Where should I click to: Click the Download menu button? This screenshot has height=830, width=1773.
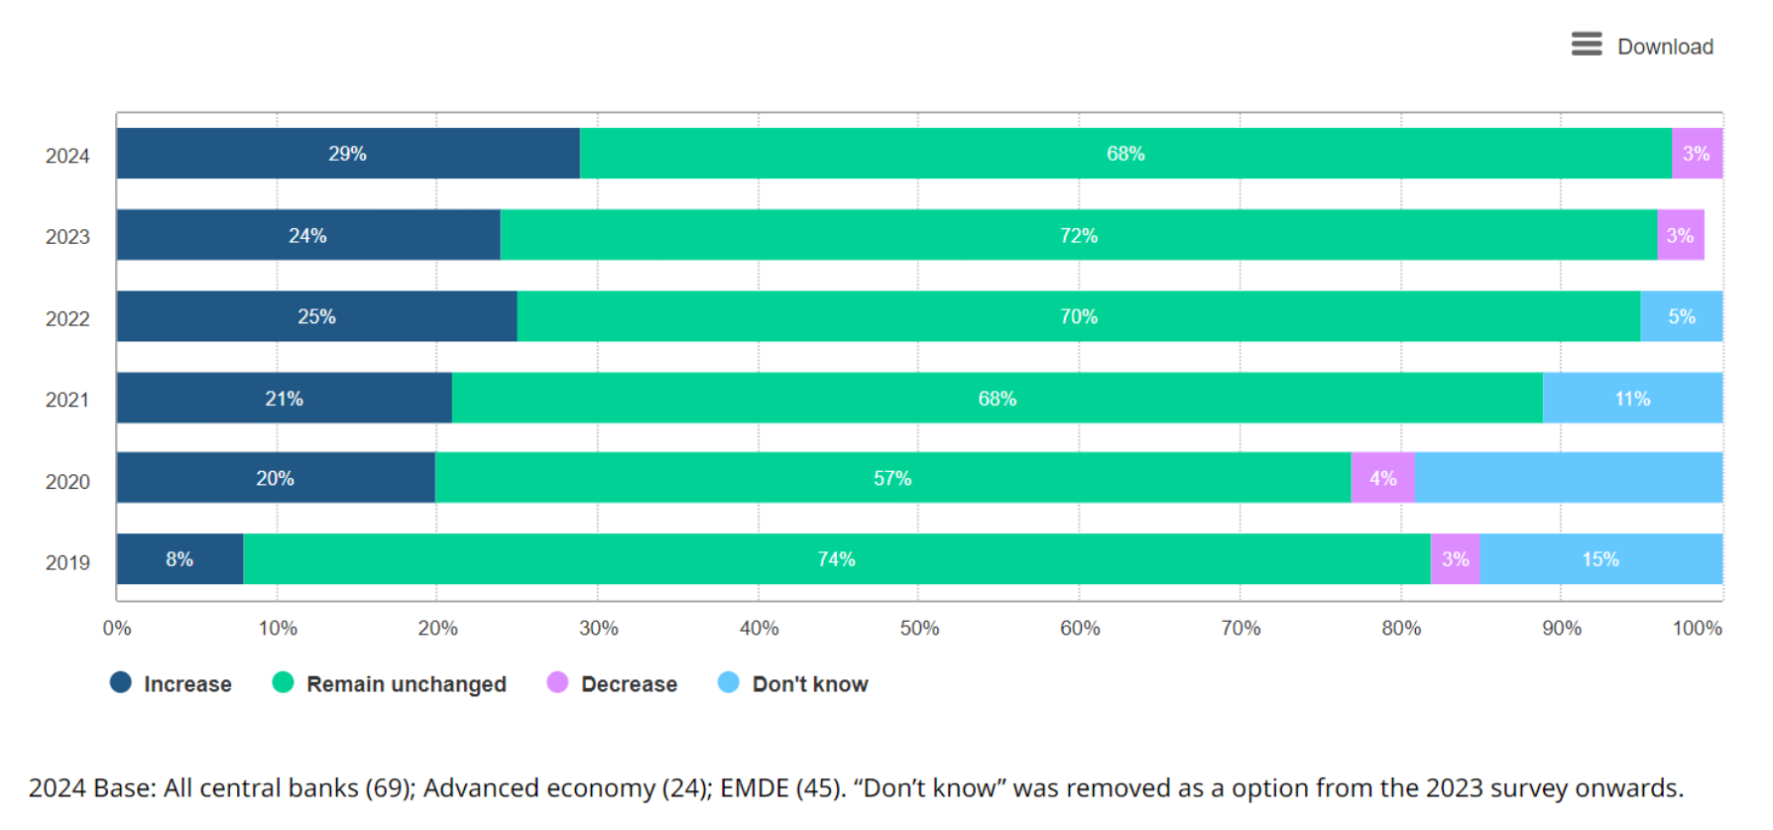1642,46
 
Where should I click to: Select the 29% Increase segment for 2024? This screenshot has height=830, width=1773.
348,154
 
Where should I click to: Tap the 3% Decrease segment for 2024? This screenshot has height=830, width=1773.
1697,154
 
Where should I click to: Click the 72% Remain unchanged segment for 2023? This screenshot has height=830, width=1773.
1079,236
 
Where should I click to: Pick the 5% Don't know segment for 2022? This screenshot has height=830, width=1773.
1682,317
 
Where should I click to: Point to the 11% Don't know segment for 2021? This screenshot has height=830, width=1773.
1632,399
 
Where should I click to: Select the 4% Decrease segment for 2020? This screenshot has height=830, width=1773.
1382,478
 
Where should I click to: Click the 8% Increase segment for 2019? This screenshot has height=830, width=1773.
179,559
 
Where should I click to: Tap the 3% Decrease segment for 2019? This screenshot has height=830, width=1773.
1455,559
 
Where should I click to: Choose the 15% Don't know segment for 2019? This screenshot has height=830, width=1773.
1600,559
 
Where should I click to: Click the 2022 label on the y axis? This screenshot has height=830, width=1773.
67,318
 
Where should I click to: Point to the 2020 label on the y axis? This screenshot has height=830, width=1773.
67,482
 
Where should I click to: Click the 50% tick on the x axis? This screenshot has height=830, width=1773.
919,628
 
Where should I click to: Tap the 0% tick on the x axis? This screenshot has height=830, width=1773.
117,628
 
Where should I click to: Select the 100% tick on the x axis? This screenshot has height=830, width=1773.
1697,628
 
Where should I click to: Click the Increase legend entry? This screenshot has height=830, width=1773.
172,683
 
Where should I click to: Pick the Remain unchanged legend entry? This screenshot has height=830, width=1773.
390,683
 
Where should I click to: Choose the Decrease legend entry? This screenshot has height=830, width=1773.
613,683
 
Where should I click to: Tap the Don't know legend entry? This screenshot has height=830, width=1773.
793,683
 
